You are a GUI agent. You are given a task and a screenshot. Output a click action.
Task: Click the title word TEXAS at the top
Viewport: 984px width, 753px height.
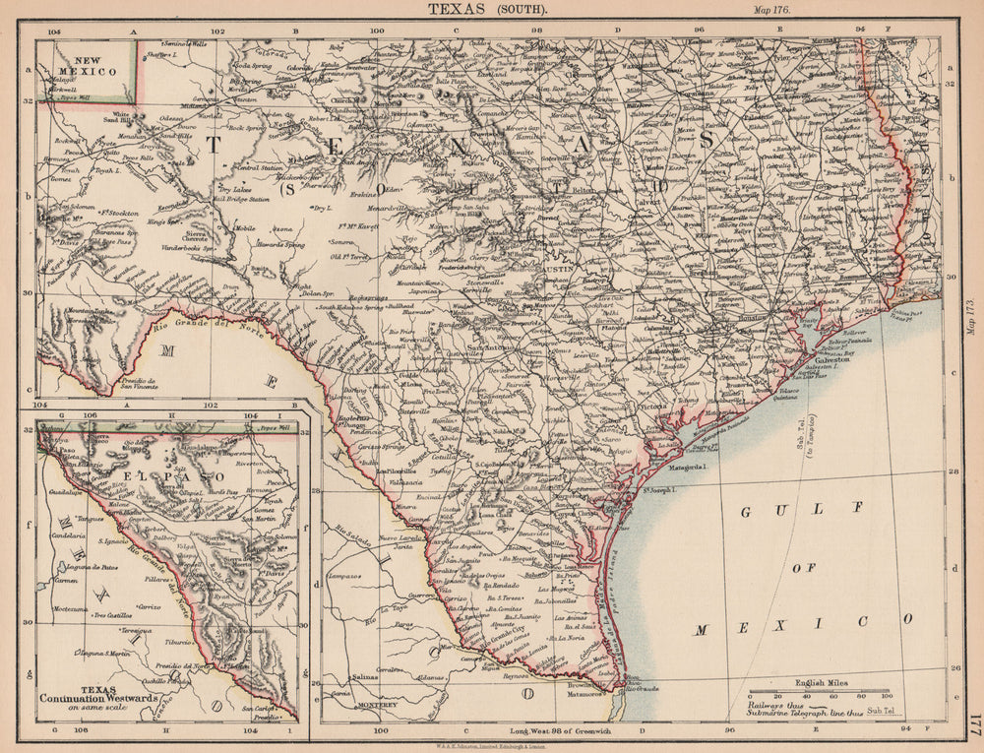coord(459,9)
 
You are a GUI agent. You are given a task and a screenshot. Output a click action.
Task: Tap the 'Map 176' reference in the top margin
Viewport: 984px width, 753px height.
coord(774,9)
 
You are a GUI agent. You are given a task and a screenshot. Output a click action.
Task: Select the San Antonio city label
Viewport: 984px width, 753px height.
coord(490,347)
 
